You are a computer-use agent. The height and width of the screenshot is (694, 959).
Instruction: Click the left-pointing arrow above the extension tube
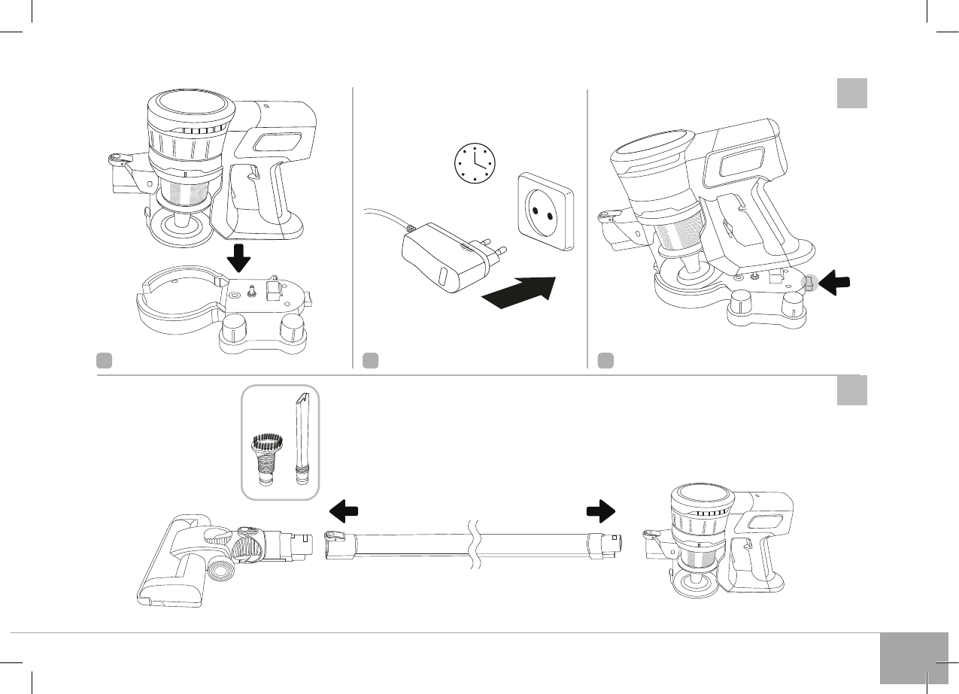pos(344,511)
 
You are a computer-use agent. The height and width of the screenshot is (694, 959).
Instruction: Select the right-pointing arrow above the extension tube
pos(600,511)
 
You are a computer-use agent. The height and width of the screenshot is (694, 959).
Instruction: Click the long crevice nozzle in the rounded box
pos(302,436)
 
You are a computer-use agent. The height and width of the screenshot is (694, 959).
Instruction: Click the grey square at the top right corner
pos(852,93)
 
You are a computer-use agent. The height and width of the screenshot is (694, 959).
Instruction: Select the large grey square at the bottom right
pos(912,658)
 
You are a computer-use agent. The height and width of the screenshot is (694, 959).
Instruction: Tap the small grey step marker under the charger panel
pos(369,360)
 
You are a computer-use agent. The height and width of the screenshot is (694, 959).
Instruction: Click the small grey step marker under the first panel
pos(104,360)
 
